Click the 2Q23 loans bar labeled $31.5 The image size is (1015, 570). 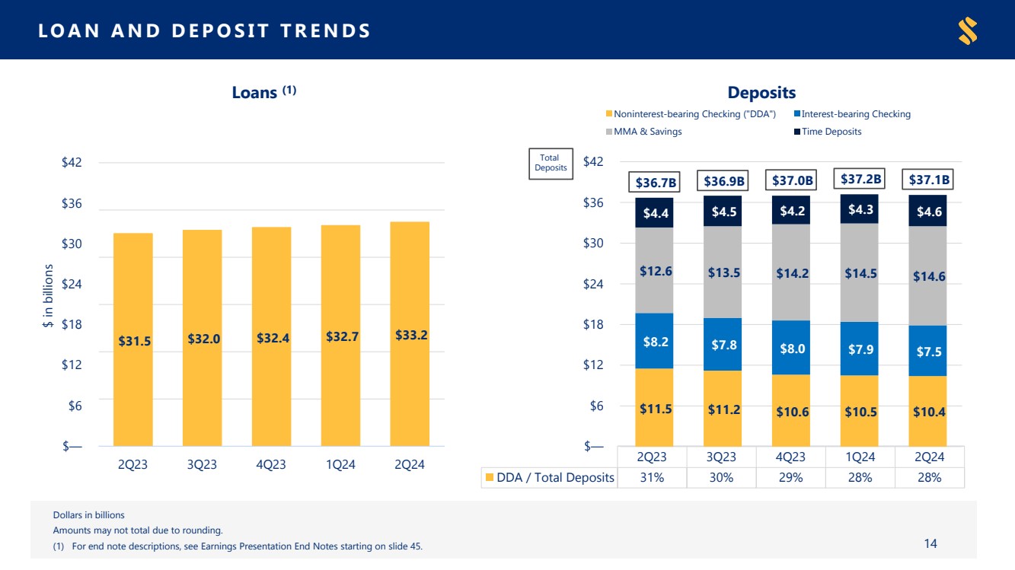coord(132,339)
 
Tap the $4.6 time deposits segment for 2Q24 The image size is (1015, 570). coord(928,211)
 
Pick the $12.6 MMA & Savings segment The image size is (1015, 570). coord(655,270)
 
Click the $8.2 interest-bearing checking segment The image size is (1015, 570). coord(655,341)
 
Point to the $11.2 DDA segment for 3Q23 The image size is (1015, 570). coord(723,409)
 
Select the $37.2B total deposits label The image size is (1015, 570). coord(860,179)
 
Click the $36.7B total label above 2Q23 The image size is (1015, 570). coord(656,182)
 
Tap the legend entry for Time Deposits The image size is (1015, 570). coord(828,132)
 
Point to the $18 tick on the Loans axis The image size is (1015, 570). coord(72,324)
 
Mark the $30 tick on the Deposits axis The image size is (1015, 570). coord(593,243)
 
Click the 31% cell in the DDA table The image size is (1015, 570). coord(652,478)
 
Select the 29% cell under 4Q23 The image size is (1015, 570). coord(790,478)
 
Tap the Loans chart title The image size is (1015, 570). coord(263,93)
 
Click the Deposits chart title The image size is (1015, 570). coord(761,93)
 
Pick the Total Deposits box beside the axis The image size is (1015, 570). coord(551,164)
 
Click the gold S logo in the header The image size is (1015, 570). coord(968,30)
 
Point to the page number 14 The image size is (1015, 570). coord(930,543)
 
